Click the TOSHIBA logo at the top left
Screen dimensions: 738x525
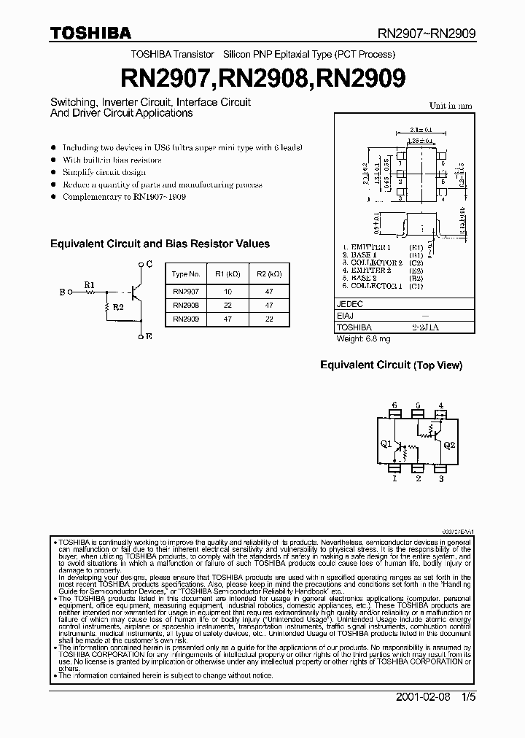point(90,33)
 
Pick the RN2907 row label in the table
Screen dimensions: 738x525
point(186,290)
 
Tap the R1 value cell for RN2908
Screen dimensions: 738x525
point(227,304)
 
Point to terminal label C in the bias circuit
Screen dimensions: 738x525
point(149,263)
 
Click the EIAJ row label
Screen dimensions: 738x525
point(344,317)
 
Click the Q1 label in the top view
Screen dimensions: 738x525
point(386,443)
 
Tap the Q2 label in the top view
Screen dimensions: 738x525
point(449,443)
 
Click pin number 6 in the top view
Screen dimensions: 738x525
point(394,405)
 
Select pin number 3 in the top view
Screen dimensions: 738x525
point(440,479)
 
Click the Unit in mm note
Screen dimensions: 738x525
point(450,106)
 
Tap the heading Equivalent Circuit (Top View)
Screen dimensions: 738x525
point(392,365)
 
